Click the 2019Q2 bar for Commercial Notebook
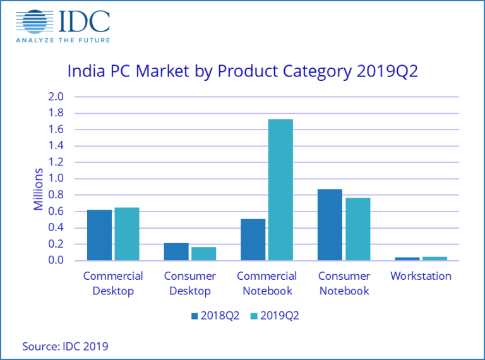click(x=280, y=189)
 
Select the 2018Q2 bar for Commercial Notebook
click(x=253, y=239)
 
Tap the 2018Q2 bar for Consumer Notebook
click(x=330, y=225)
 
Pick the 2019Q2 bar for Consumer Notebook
click(x=357, y=229)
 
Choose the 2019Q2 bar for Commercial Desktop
click(x=127, y=234)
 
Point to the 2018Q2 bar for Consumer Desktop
click(x=176, y=251)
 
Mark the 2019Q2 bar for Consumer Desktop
click(x=204, y=253)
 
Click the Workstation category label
click(x=421, y=276)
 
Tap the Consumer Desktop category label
click(x=189, y=284)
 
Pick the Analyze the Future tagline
click(x=63, y=40)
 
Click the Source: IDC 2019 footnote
click(x=65, y=345)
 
